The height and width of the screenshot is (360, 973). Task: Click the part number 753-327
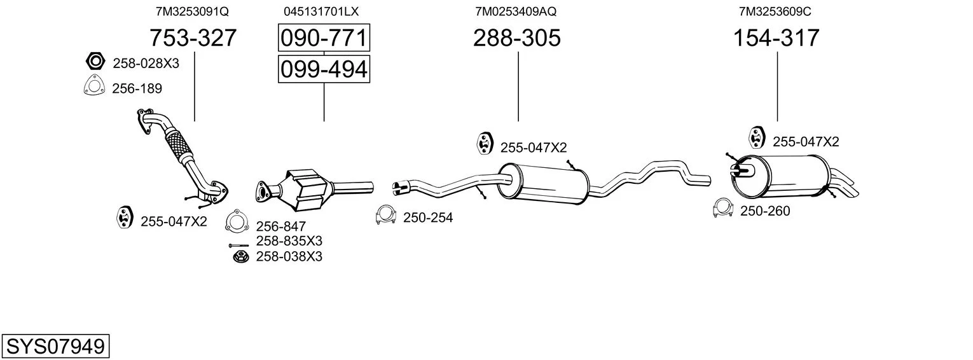coord(193,38)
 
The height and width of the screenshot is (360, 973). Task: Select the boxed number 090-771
coord(324,38)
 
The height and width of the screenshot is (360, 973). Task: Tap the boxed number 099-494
coord(324,69)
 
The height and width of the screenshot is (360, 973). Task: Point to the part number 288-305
coord(517,38)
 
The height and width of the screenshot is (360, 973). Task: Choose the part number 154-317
coord(776,38)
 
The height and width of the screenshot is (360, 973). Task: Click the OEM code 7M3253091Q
coord(192,11)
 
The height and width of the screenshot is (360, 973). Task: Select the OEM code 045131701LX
coord(321,11)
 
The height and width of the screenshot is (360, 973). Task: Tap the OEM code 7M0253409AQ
coord(516,11)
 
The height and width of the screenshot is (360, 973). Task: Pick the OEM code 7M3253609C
coord(775,11)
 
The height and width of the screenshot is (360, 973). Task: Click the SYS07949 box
coord(55,346)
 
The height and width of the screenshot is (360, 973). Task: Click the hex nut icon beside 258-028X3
coord(95,61)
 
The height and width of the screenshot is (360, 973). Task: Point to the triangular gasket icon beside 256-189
coord(94,85)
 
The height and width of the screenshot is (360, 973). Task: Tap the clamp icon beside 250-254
coord(385,214)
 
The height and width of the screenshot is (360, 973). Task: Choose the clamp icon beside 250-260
coord(723,208)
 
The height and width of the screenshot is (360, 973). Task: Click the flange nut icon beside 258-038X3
coord(240,257)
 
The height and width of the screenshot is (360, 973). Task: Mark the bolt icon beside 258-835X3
coord(238,246)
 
